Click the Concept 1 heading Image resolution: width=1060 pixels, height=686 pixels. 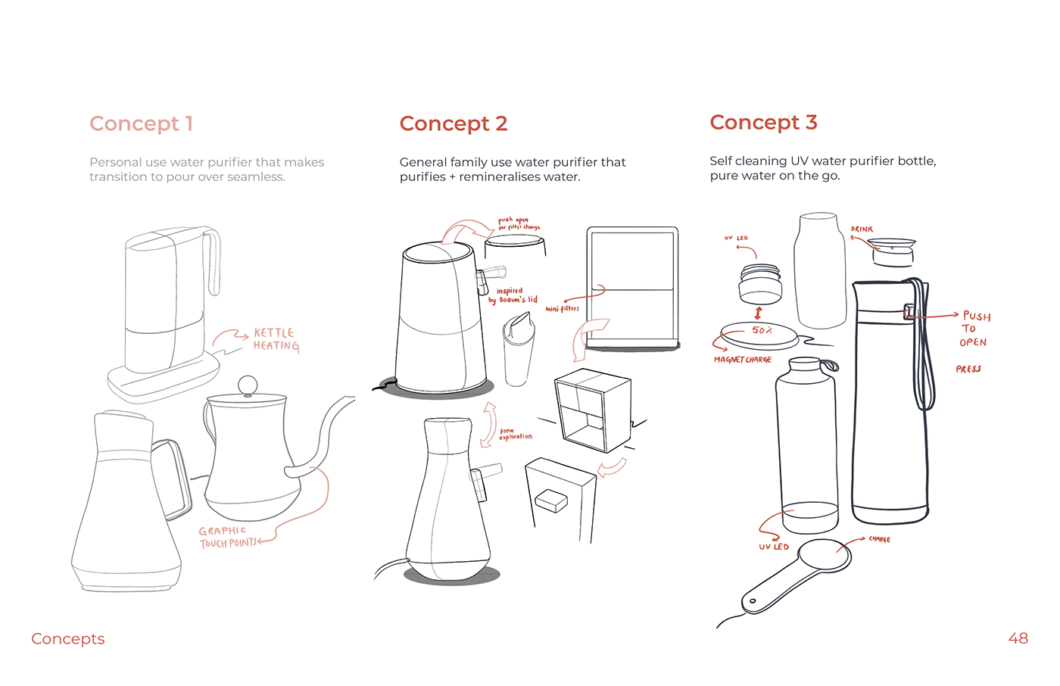click(x=141, y=123)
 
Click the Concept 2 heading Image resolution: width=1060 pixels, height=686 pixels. click(x=453, y=123)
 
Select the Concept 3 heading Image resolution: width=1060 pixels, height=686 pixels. click(x=763, y=122)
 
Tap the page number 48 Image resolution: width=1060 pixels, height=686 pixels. click(x=1018, y=638)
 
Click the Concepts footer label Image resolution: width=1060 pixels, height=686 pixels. click(x=68, y=638)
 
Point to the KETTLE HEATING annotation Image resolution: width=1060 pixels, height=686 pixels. click(x=276, y=339)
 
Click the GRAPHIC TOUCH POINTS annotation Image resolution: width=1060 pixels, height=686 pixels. click(x=226, y=537)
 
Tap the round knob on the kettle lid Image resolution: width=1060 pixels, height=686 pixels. click(x=248, y=385)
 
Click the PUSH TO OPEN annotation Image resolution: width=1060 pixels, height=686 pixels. click(x=974, y=329)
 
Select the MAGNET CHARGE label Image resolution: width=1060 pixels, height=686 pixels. click(x=742, y=360)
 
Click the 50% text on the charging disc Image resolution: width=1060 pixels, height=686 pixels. click(x=762, y=330)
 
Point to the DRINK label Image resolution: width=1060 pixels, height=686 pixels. click(x=862, y=229)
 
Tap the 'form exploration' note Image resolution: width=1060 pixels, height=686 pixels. click(x=515, y=434)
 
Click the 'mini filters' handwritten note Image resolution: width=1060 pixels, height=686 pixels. click(x=562, y=308)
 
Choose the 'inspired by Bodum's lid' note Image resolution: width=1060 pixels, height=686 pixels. click(x=513, y=295)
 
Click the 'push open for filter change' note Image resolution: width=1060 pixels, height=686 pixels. click(x=519, y=223)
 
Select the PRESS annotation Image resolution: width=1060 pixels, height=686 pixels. click(x=968, y=369)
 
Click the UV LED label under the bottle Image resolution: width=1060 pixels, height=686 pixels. click(x=773, y=546)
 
